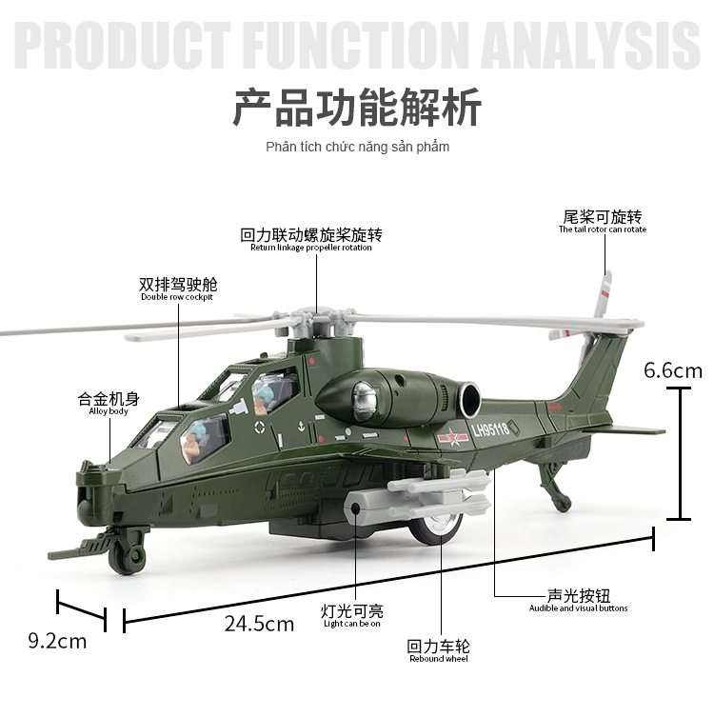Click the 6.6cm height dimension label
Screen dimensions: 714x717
[672, 370]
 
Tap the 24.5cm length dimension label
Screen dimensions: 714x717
[259, 625]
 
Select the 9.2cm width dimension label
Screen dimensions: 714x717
[57, 641]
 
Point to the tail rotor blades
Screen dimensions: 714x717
[601, 295]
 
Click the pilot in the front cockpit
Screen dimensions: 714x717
[195, 441]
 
